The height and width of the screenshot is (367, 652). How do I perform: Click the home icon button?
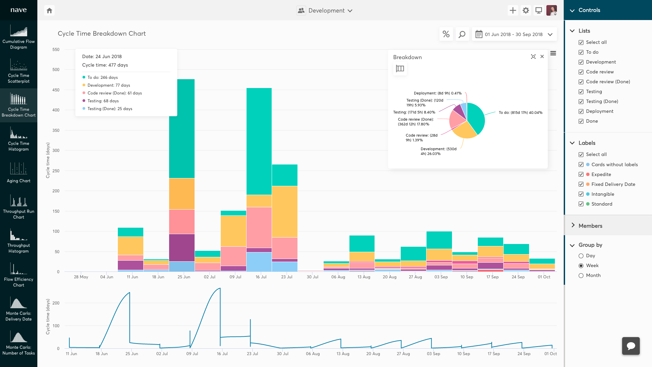point(49,11)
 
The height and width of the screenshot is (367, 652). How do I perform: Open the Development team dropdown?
point(324,11)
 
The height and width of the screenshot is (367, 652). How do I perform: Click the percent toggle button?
point(446,34)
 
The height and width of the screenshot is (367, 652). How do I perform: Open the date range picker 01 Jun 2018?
point(514,34)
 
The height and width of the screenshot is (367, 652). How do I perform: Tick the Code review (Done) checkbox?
point(581,82)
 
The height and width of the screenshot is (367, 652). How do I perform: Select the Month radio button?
point(581,276)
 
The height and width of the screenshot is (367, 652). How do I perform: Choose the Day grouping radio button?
point(581,256)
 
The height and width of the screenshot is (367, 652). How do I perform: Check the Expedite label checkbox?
point(581,174)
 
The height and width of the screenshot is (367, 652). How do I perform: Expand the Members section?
point(590,226)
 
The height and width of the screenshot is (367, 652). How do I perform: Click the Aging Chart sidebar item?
point(19,173)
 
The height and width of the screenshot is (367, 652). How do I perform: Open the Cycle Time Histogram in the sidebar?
point(19,139)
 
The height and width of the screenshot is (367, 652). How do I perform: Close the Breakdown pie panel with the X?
point(542,57)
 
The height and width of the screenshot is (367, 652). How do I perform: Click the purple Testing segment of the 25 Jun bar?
point(182,247)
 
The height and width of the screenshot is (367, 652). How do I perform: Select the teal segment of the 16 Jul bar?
point(259,141)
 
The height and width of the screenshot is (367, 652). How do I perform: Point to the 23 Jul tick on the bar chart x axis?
point(287,277)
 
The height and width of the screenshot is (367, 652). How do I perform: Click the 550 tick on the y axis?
point(56,50)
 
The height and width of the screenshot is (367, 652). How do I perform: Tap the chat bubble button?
point(631,346)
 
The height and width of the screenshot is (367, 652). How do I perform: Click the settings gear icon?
point(526,11)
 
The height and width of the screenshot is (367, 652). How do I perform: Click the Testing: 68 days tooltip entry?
point(103,101)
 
